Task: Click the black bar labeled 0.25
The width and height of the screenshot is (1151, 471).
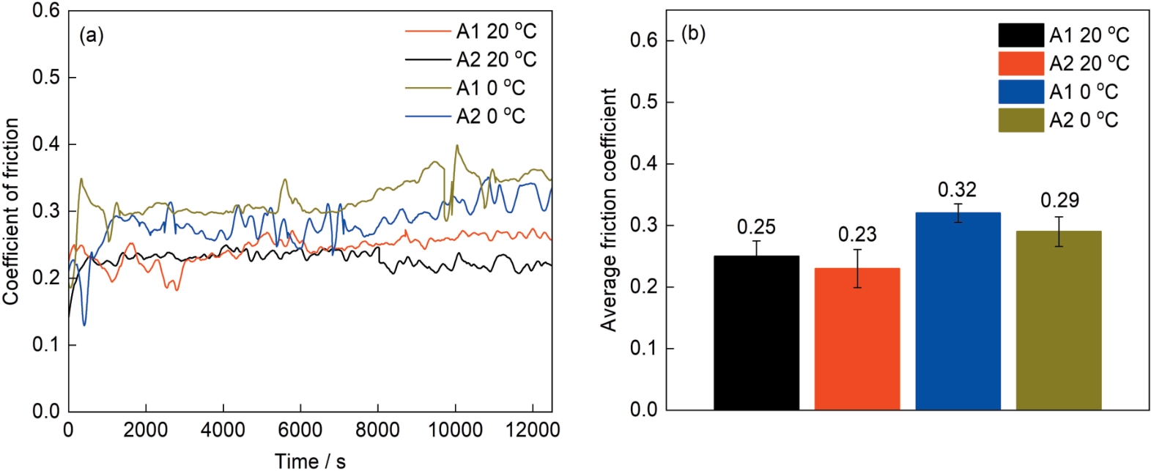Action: (756, 333)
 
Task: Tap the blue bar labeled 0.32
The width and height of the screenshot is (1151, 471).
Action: (958, 311)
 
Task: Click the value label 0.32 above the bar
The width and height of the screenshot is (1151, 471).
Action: (957, 190)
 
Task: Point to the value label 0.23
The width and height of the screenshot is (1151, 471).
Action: (857, 234)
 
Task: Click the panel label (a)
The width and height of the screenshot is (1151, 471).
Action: (92, 35)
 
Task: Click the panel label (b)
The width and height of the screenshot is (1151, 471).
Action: (693, 34)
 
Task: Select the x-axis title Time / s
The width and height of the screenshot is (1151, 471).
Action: (310, 461)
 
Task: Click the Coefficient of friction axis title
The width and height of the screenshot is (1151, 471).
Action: (11, 211)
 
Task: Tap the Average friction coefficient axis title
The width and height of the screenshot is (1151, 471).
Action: (609, 210)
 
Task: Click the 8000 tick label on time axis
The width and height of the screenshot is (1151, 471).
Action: (377, 430)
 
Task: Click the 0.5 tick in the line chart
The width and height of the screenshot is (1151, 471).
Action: (45, 78)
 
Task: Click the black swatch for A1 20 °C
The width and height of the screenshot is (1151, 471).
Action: (1021, 35)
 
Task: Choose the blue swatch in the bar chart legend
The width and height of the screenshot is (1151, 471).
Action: (1021, 92)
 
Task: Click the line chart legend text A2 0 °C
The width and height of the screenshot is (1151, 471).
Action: (491, 116)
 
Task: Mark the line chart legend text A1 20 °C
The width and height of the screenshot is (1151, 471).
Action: (496, 31)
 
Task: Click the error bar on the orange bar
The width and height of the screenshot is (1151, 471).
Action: (857, 268)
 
